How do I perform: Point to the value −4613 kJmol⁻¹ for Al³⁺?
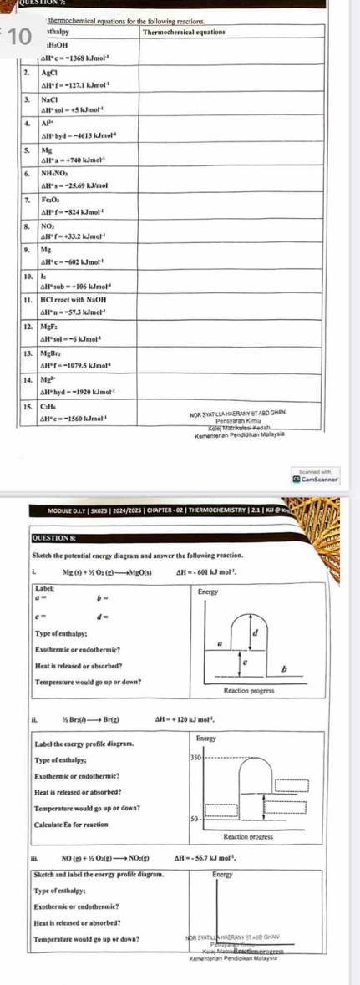tap(77, 134)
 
